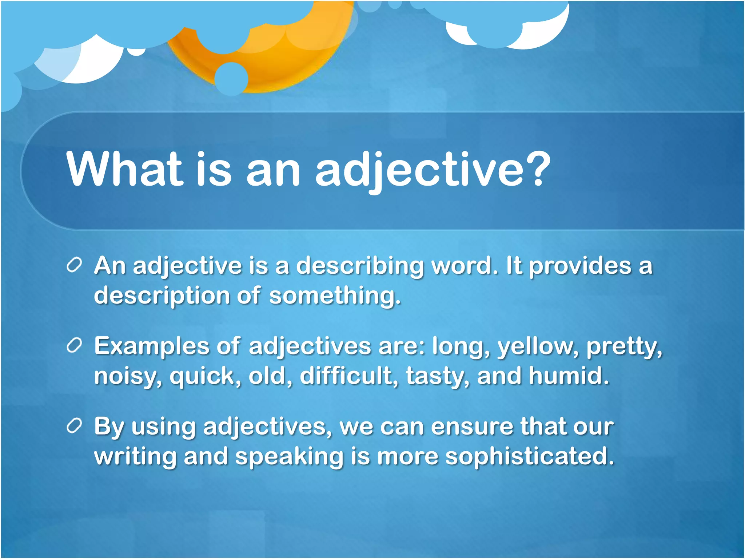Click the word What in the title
coord(124,170)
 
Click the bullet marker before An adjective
coord(74,265)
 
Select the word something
coord(335,295)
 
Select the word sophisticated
coord(530,457)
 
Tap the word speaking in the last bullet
coord(289,457)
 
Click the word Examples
coord(152,346)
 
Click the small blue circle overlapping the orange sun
coord(231,79)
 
